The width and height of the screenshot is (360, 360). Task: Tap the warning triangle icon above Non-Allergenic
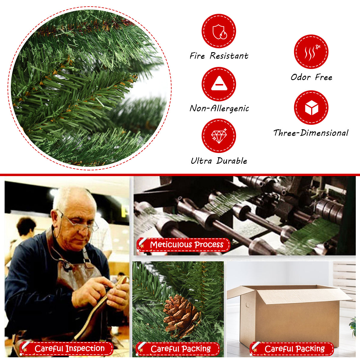click(219, 84)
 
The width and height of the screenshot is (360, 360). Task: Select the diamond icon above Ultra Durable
click(219, 136)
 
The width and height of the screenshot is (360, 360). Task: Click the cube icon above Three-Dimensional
click(311, 108)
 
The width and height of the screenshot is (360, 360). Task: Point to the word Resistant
click(229, 56)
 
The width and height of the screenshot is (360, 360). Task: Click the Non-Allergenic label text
click(219, 108)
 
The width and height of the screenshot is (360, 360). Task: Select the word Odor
click(301, 77)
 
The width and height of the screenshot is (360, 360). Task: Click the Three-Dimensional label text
click(311, 133)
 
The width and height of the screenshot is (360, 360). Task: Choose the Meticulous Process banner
click(183, 244)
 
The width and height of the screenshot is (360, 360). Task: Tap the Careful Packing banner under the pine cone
click(178, 349)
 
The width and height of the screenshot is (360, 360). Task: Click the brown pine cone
click(181, 316)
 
